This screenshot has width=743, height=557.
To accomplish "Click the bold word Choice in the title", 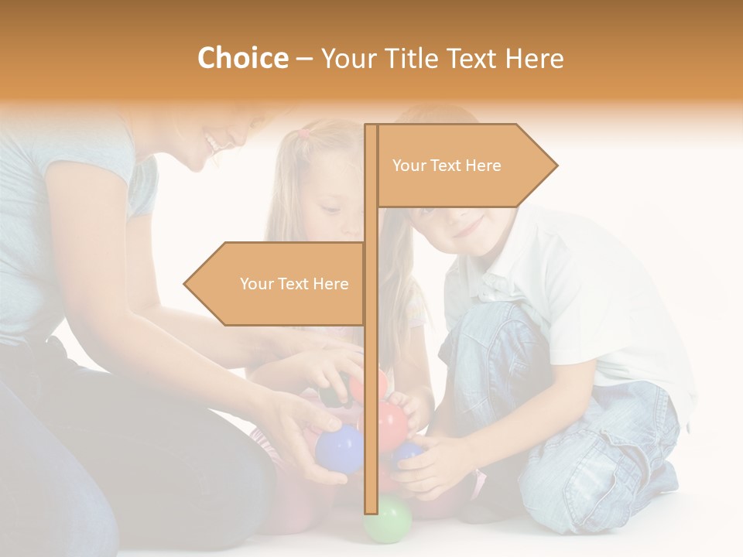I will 242,58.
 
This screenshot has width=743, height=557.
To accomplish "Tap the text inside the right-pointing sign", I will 447,166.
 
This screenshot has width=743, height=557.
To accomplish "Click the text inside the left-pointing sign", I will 294,284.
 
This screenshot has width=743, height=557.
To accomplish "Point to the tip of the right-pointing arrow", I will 556,165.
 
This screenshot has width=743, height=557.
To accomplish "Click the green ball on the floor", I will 388,519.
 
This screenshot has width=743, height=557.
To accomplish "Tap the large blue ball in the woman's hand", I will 339,449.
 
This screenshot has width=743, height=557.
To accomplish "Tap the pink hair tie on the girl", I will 304,133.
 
